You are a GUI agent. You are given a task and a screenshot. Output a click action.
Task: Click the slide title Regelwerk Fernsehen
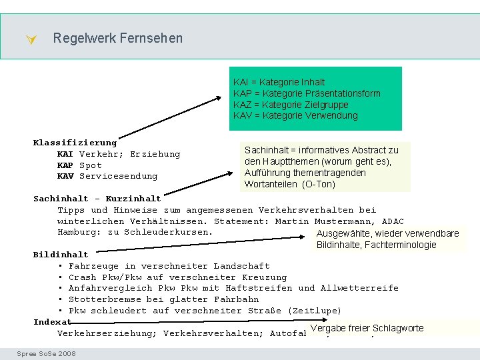(x=117, y=39)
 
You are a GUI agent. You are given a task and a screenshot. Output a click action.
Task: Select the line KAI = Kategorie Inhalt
(x=279, y=83)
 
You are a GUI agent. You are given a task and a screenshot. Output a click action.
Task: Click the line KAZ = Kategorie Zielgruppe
(x=291, y=105)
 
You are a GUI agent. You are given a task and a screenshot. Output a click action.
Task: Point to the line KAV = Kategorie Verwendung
(x=295, y=115)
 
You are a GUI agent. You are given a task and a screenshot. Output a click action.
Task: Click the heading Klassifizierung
(x=75, y=143)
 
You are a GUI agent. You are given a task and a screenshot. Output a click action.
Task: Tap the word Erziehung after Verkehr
(x=155, y=154)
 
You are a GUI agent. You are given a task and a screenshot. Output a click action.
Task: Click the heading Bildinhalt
(x=61, y=255)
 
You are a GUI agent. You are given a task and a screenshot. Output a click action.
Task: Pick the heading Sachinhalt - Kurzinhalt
(x=97, y=199)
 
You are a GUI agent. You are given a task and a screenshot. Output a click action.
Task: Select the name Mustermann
(x=345, y=221)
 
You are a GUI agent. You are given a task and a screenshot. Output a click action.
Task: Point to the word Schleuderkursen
(x=168, y=232)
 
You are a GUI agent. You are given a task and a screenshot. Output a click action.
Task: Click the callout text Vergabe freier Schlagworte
(x=367, y=328)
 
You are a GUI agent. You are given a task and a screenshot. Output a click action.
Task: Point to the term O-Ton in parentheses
(x=319, y=184)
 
